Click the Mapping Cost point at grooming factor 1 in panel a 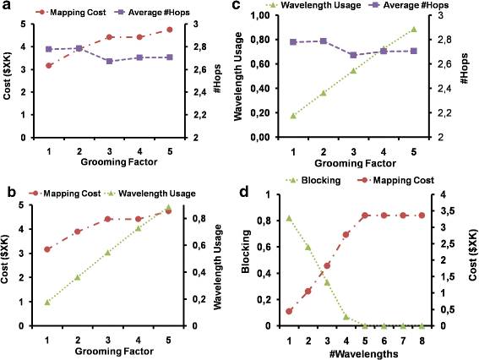tap(49, 65)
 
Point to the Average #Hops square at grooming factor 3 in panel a tap(109, 61)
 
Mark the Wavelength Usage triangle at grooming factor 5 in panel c tap(413, 30)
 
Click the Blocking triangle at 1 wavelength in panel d tap(289, 218)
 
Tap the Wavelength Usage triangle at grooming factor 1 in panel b tap(48, 302)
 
